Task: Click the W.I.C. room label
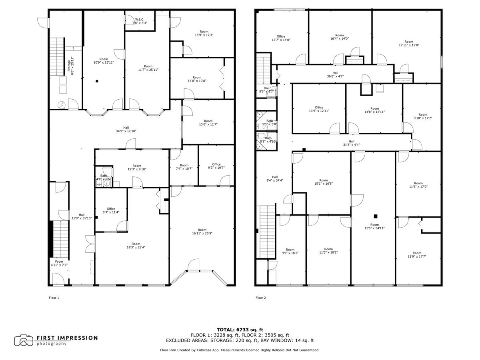[140, 21]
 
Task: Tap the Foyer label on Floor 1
[59, 263]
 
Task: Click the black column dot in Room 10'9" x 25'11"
[96, 81]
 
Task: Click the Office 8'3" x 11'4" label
[111, 210]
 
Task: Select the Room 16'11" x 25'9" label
[202, 232]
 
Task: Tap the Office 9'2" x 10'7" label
[216, 166]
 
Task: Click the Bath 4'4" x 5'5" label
[104, 177]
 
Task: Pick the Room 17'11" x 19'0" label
[408, 43]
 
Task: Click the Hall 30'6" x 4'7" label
[335, 74]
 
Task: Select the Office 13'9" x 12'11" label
[319, 109]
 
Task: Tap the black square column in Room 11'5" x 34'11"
[375, 216]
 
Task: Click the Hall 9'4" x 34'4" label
[275, 179]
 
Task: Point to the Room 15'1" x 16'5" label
[324, 182]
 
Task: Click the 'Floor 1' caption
[54, 298]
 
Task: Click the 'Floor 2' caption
[260, 298]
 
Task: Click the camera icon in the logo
[24, 340]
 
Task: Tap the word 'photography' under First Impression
[52, 344]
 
